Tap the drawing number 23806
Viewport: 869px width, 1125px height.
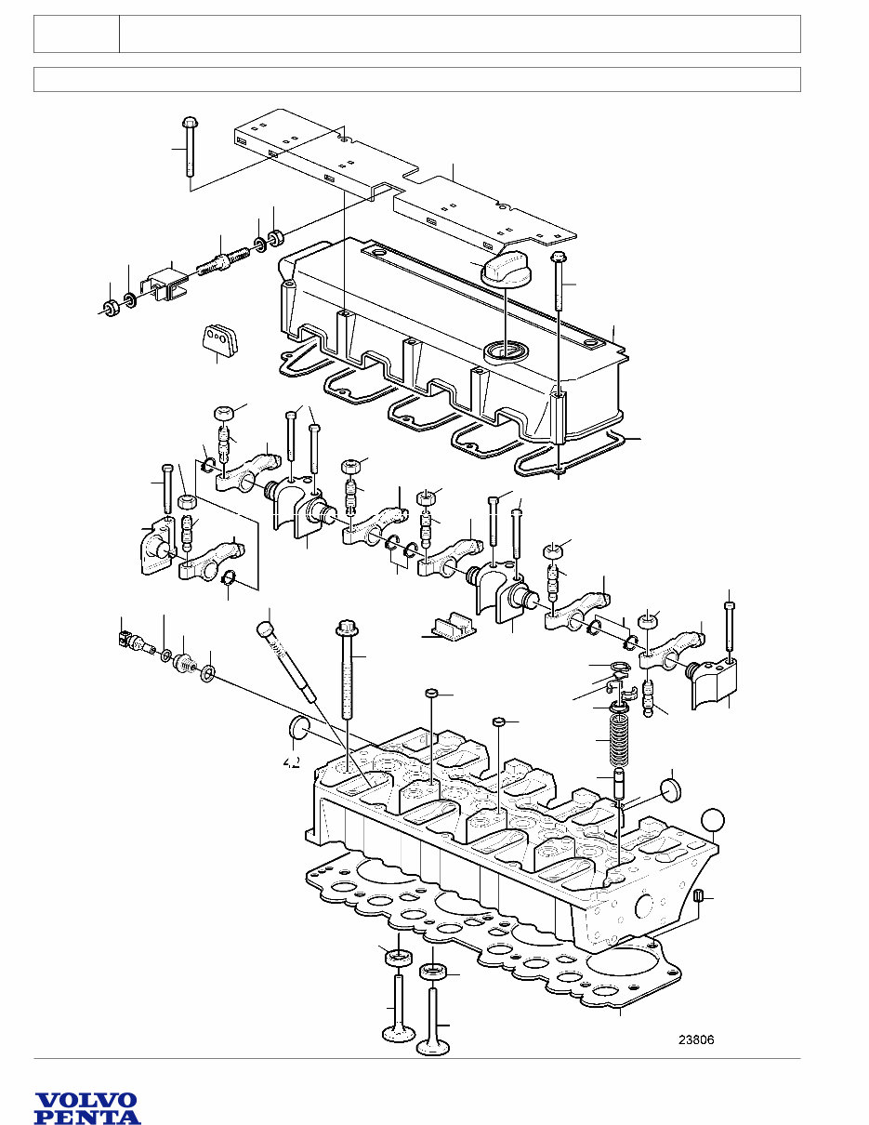click(696, 1040)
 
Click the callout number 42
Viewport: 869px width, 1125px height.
click(291, 761)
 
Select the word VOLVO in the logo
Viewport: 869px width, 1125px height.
click(86, 1101)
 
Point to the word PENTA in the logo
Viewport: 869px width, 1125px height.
click(87, 1117)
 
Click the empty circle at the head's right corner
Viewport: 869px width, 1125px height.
click(713, 818)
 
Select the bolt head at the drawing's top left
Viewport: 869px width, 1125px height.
click(189, 122)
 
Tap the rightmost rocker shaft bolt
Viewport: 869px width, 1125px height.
click(729, 625)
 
